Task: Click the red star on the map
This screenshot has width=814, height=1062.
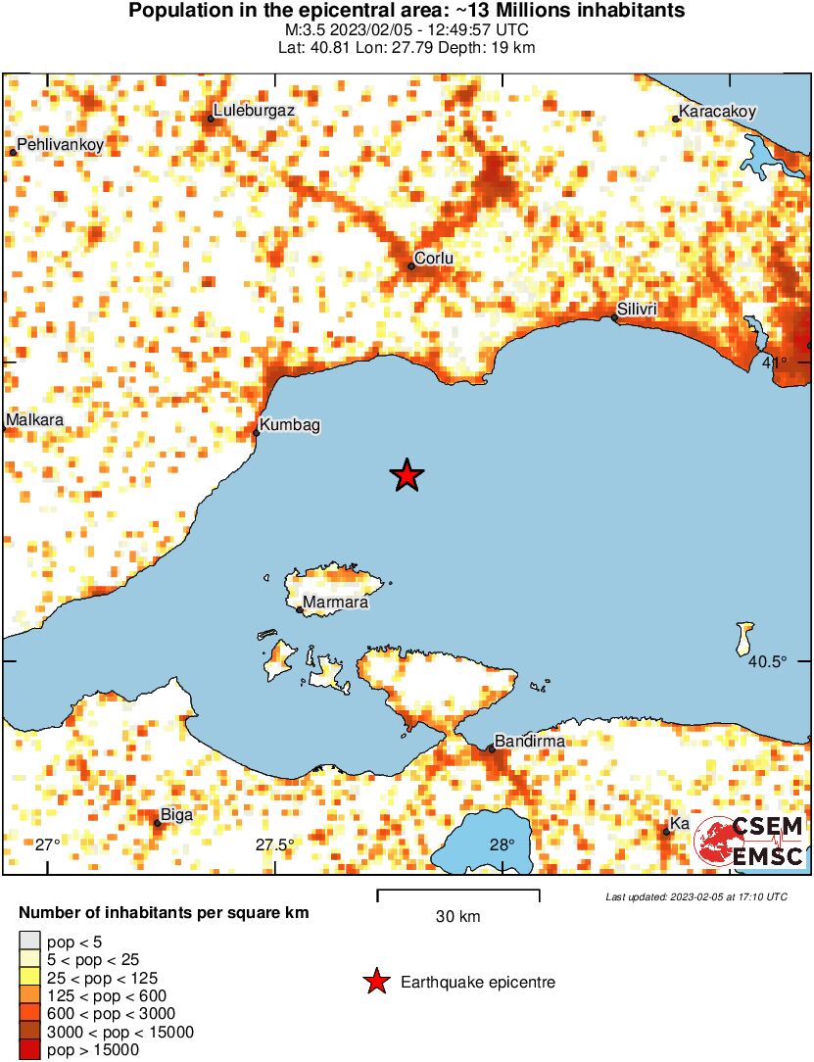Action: [407, 475]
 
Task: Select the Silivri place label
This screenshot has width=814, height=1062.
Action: [637, 311]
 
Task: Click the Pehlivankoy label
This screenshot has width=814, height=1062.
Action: [60, 145]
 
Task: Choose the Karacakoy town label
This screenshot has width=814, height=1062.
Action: [718, 112]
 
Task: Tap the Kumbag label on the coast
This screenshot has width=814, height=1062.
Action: [291, 425]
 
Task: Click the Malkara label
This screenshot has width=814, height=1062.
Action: [34, 420]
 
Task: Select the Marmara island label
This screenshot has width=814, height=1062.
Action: [335, 603]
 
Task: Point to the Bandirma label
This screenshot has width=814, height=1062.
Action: [530, 742]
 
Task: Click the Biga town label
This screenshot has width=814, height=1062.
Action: [176, 815]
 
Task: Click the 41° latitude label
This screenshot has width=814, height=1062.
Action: [774, 363]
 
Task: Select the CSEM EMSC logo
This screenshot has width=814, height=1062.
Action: [750, 841]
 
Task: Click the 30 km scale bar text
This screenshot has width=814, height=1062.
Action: [457, 917]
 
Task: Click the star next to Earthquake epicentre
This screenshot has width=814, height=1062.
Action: [375, 982]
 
